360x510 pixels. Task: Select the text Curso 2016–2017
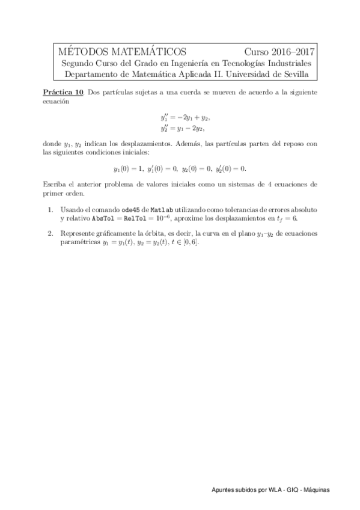(x=279, y=52)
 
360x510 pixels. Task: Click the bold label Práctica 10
(x=64, y=93)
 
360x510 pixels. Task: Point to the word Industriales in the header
(x=288, y=63)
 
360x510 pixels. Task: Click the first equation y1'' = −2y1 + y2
(x=180, y=117)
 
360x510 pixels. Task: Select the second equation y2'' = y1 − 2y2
(x=180, y=127)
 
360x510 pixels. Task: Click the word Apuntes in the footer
(x=223, y=490)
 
